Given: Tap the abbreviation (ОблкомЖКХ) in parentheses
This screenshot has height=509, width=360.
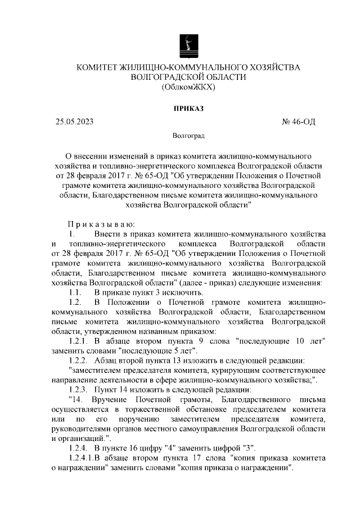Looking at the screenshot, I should (188, 88).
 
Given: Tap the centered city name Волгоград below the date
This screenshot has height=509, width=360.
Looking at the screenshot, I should (188, 136).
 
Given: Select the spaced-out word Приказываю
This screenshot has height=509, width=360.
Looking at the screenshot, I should (101, 222).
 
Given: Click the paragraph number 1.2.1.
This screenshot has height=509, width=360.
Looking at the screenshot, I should (79, 341).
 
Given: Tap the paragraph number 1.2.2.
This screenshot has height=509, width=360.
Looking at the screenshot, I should (79, 361).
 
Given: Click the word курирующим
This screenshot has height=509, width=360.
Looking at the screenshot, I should (219, 371).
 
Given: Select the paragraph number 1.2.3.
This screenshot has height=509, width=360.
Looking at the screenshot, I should (79, 390).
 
